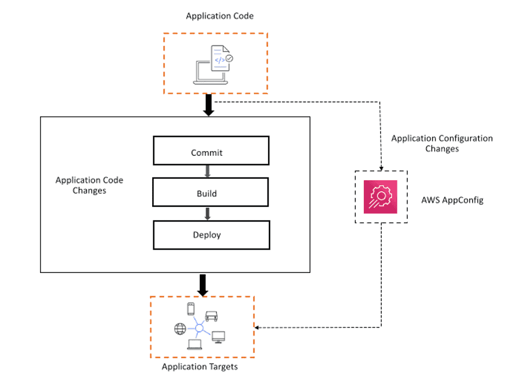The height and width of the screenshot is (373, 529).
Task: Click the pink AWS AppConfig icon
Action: click(380, 198)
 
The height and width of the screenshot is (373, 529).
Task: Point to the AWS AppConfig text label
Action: click(452, 200)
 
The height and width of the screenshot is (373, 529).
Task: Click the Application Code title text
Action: click(219, 16)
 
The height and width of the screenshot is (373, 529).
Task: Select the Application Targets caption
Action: click(200, 367)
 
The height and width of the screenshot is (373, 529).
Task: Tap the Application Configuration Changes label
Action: click(442, 143)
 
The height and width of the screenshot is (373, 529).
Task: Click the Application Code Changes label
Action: click(89, 185)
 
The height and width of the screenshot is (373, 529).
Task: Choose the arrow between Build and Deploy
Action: click(207, 213)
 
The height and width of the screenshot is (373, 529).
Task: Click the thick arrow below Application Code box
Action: click(208, 104)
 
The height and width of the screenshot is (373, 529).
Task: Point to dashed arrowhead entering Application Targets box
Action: click(258, 327)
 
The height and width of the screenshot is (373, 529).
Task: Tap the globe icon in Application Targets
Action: click(180, 329)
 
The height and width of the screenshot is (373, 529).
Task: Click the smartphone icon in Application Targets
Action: click(190, 309)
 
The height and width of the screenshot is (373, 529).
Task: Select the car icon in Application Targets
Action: click(211, 316)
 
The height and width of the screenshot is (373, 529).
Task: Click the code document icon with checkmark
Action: click(222, 57)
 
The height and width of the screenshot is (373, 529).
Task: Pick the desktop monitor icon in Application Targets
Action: click(218, 336)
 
